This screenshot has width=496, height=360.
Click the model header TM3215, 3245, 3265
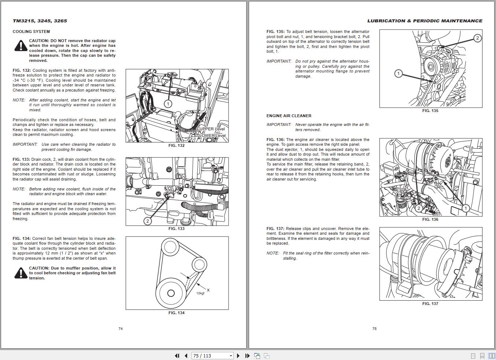pyautogui.click(x=40, y=21)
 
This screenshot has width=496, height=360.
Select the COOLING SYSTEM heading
pyautogui.click(x=31, y=31)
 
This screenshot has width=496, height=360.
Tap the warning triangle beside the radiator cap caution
pyautogui.click(x=21, y=46)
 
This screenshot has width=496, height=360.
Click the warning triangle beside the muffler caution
pyautogui.click(x=21, y=273)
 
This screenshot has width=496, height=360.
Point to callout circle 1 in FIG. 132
pyautogui.click(x=168, y=104)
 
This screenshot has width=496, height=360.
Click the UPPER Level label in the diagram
pyautogui.click(x=212, y=129)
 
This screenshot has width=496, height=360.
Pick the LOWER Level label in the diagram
pyautogui.click(x=212, y=136)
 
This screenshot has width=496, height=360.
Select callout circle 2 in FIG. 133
pyautogui.click(x=148, y=221)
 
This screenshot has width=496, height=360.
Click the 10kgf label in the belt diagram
pyautogui.click(x=200, y=293)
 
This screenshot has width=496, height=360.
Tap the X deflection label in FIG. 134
pyautogui.click(x=208, y=290)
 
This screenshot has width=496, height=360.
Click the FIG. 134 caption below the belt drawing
pyautogui.click(x=177, y=313)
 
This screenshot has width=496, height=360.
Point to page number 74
pyautogui.click(x=121, y=329)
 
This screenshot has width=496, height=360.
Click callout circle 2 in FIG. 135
pyautogui.click(x=477, y=38)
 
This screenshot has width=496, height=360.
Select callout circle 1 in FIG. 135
pyautogui.click(x=399, y=74)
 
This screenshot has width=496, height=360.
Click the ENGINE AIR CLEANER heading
pyautogui.click(x=289, y=116)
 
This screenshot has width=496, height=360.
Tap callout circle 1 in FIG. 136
pyautogui.click(x=465, y=208)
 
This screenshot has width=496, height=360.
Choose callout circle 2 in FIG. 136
pyautogui.click(x=419, y=208)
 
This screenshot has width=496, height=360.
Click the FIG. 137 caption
pyautogui.click(x=430, y=304)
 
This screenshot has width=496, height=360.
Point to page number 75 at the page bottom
pyautogui.click(x=374, y=329)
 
